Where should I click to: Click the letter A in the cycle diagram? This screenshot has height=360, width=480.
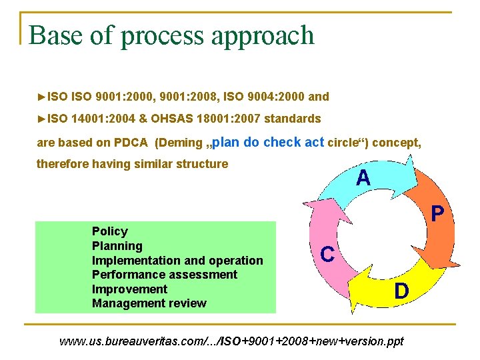point(363,178)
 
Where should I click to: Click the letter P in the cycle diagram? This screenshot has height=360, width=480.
point(437,213)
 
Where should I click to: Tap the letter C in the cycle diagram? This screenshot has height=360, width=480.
point(327,254)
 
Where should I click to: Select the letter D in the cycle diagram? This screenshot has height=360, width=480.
point(401,291)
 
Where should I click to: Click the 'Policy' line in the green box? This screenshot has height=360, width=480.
point(110,231)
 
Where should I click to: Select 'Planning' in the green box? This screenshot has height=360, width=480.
point(117,246)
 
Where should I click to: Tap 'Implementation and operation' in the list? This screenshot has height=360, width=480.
point(177,261)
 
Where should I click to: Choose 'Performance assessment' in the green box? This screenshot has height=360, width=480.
point(164,275)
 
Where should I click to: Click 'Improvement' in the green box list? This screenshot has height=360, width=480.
point(129,289)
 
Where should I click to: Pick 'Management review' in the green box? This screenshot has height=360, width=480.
point(149,303)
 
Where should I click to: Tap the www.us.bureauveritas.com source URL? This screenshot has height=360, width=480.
point(231,341)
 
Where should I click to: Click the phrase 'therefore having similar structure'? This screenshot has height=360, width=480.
point(132,163)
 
